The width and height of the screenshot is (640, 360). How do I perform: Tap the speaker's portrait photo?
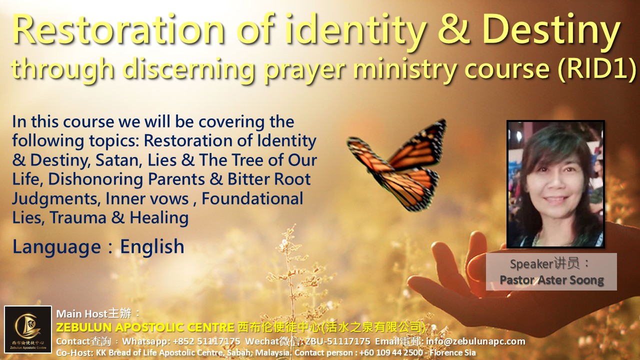(555, 184)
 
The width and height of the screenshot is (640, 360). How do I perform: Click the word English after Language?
(152, 246)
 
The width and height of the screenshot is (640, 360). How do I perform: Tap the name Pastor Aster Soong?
(551, 280)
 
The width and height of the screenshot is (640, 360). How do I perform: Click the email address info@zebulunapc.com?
(475, 341)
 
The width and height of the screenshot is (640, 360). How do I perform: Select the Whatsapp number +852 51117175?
(206, 341)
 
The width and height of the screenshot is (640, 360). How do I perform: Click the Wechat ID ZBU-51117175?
(338, 341)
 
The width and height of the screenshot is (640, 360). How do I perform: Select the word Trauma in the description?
(78, 217)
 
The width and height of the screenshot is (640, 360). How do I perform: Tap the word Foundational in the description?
(252, 198)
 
